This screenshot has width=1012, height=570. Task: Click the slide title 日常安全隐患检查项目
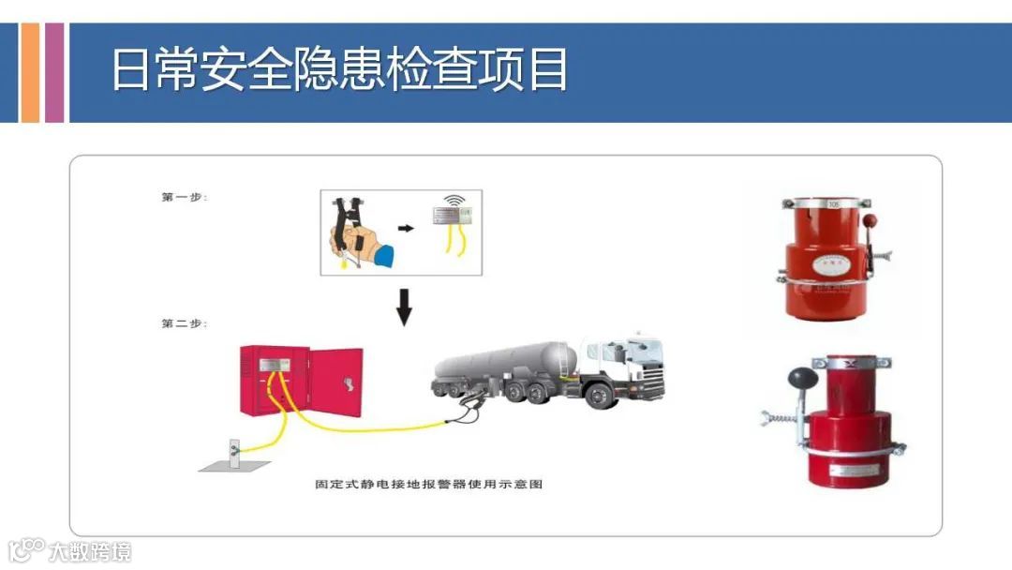pyautogui.click(x=339, y=70)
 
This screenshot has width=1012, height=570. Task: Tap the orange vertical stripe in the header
pyautogui.click(x=30, y=72)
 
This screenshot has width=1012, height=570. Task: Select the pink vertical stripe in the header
pyautogui.click(x=54, y=72)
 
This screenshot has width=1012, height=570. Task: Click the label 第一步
pyautogui.click(x=185, y=197)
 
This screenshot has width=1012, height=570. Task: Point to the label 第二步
pyautogui.click(x=185, y=323)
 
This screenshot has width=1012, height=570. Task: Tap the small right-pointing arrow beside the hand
pyautogui.click(x=406, y=228)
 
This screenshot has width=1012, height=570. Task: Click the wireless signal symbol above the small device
pyautogui.click(x=454, y=200)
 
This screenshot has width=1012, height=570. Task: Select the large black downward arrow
pyautogui.click(x=404, y=307)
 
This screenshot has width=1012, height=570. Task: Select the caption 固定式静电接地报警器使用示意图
pyautogui.click(x=429, y=485)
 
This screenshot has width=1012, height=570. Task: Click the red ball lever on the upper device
pyautogui.click(x=868, y=221)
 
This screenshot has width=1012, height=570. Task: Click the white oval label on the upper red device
pyautogui.click(x=827, y=267)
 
